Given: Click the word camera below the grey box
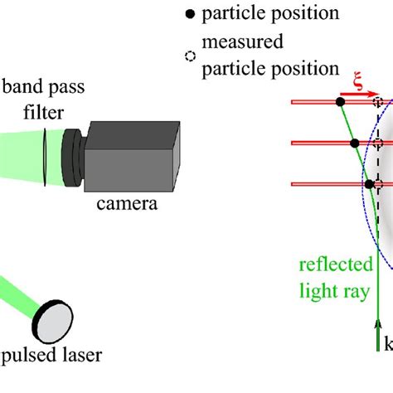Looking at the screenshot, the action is [x=127, y=204].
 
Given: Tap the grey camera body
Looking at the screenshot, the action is [x=132, y=157].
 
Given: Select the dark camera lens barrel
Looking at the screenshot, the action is [x=73, y=158].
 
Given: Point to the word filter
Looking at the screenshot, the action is [x=44, y=113].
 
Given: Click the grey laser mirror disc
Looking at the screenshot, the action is [x=53, y=322].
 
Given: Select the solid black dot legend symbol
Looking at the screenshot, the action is [x=190, y=14].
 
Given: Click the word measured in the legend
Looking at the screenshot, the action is [x=243, y=41].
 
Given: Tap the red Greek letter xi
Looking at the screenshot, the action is [x=358, y=80].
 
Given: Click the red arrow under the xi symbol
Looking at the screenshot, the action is [x=358, y=95].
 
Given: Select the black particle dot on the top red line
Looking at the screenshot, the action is [x=341, y=102].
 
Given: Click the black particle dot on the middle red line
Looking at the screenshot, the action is [x=355, y=143].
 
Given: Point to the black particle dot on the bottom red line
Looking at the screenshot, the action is [x=369, y=184].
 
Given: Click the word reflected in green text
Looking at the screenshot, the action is [x=336, y=264].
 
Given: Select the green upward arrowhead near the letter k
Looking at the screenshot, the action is [x=378, y=324].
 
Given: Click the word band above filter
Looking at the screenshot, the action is [x=21, y=86].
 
